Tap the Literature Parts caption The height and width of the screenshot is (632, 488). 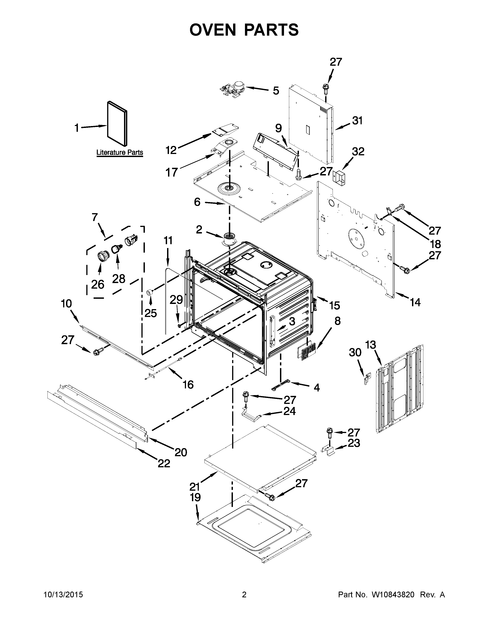(x=120, y=152)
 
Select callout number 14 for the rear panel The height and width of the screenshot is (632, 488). (x=415, y=302)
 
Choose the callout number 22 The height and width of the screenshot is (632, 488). (x=164, y=464)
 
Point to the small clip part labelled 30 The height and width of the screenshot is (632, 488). (x=367, y=378)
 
